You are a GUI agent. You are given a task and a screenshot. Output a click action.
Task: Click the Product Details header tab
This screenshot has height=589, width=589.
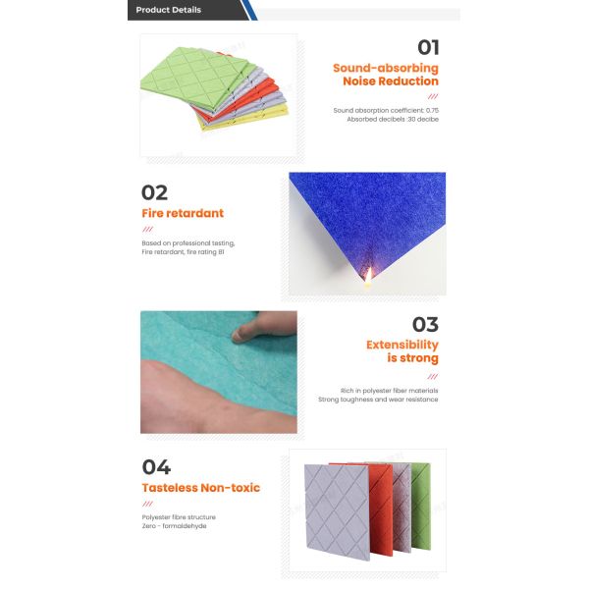[x=169, y=10]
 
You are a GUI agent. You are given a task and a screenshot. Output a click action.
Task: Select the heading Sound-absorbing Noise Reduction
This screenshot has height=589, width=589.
[x=386, y=75]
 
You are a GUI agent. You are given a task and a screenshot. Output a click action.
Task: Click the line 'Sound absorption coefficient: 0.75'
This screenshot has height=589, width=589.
[x=386, y=110]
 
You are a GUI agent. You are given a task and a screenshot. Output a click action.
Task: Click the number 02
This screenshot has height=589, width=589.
[x=154, y=192]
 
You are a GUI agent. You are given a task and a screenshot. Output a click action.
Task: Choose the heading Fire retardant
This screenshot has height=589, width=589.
[x=183, y=213]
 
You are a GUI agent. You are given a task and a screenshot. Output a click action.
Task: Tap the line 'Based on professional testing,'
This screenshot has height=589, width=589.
[x=188, y=242]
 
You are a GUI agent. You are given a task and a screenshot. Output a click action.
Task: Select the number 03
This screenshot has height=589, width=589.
[x=425, y=325]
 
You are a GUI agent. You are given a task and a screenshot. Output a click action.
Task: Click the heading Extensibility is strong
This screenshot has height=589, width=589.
[x=402, y=351]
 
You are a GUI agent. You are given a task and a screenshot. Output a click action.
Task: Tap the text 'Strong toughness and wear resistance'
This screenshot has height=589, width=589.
[x=377, y=400]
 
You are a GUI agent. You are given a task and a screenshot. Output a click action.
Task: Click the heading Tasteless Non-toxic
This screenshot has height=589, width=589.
[x=200, y=488]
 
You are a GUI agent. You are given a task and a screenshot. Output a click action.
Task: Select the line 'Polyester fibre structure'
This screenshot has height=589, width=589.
[x=179, y=516]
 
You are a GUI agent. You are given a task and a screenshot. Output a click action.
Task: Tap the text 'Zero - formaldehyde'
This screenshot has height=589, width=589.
[x=174, y=526]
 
